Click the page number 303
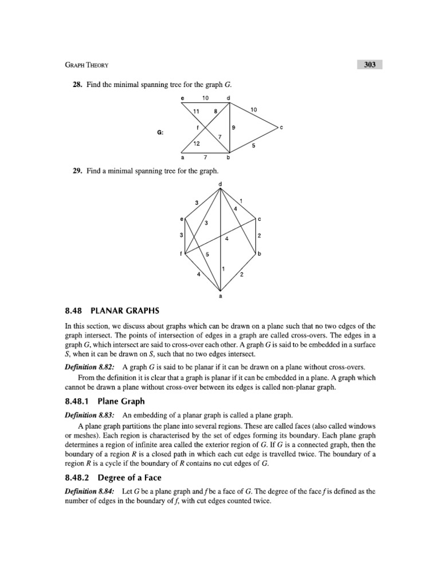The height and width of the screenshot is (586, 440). pos(369,65)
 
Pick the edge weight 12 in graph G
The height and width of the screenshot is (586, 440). pos(197,144)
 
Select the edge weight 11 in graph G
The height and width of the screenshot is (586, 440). pos(197,112)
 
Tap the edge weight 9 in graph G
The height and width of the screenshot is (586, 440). pos(234,127)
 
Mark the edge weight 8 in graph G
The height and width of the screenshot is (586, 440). pos(215,112)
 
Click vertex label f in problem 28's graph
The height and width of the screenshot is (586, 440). pos(198,127)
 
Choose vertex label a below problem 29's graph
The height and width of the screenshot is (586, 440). pos(221,296)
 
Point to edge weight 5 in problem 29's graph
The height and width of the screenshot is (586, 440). pos(207,254)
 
